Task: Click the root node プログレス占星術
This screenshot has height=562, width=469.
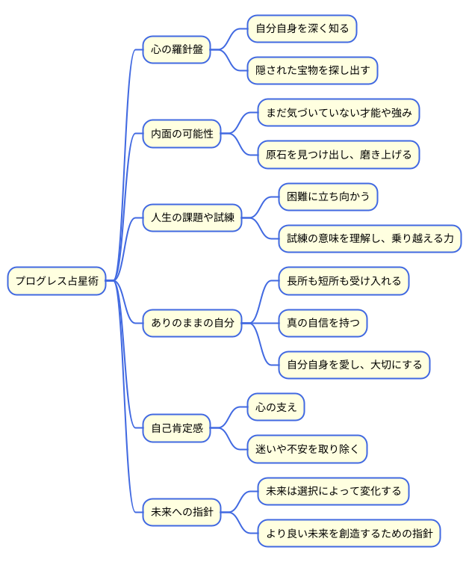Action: pos(57,281)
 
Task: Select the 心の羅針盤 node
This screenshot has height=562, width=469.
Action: pos(177,50)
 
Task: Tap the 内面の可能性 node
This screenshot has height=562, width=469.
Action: pos(182,135)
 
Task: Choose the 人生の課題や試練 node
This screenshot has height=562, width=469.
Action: pos(193,218)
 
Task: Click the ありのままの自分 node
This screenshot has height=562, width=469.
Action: pos(193,324)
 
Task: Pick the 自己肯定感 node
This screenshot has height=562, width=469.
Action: pos(177,429)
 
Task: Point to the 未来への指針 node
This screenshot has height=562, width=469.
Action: pos(182,513)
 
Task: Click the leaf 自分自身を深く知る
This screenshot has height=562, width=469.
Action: pos(302,29)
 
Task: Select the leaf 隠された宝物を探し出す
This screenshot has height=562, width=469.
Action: pos(313,71)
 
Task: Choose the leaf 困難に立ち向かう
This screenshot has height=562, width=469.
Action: pos(329,197)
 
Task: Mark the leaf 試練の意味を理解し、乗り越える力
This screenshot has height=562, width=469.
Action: pos(370,239)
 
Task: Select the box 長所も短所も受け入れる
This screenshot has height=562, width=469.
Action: pos(344,282)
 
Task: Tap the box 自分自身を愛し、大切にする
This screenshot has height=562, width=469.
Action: pos(355,365)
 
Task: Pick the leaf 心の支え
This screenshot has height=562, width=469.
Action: pos(276,407)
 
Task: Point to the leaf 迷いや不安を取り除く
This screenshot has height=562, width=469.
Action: pos(308,450)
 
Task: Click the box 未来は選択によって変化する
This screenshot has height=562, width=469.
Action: pos(334,492)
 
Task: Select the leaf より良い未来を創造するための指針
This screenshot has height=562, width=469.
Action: pos(350,534)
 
